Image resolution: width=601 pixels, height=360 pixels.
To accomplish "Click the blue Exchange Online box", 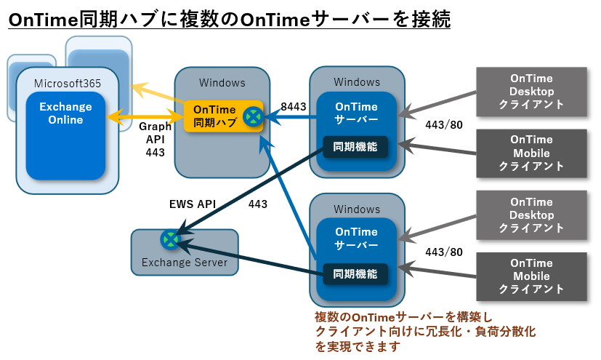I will [x=66, y=135].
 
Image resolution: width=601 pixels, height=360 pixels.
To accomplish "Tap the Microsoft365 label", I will [x=68, y=83].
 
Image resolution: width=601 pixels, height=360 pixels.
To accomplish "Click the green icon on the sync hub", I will [x=252, y=116].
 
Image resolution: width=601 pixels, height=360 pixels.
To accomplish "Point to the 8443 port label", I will [x=293, y=107].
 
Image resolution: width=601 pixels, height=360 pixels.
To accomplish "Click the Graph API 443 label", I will [x=155, y=140].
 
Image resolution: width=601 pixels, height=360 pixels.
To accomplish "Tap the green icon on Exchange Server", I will [x=170, y=239].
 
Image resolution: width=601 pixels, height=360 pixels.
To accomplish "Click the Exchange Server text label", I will [x=185, y=263].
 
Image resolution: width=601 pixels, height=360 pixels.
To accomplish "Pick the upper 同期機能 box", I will [x=355, y=146].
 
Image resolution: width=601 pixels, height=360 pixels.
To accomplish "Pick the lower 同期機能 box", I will [x=355, y=274].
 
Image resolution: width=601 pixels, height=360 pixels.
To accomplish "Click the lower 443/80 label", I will [x=443, y=252].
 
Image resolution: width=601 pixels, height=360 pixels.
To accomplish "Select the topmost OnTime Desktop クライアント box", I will [x=531, y=92].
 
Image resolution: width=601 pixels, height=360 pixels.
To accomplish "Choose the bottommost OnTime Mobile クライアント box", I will [x=531, y=276].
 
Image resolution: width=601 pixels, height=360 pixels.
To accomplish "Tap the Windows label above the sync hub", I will [x=222, y=82].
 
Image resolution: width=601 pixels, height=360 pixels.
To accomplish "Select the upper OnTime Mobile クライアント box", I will [x=531, y=153].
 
